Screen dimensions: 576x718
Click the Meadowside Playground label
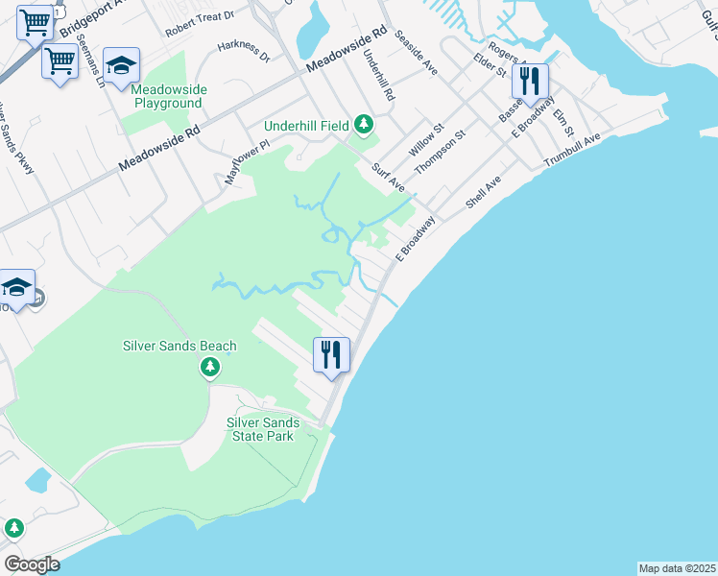click(x=168, y=96)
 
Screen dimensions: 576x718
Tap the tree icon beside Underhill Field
click(x=363, y=124)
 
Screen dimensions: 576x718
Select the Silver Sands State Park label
click(x=263, y=429)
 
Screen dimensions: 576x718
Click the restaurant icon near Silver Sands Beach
click(x=331, y=355)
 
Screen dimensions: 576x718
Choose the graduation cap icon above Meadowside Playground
click(x=121, y=65)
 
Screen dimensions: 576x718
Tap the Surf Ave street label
click(x=389, y=176)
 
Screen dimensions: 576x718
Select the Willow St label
click(x=425, y=141)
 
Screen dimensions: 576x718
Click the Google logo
click(x=32, y=564)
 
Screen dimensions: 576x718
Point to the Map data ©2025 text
click(x=677, y=568)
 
